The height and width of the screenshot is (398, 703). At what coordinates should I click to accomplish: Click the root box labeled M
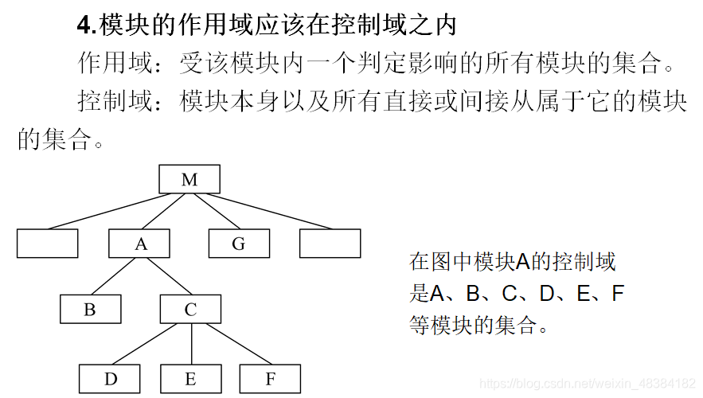click(189, 179)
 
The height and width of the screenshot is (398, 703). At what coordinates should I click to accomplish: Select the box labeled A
click(141, 244)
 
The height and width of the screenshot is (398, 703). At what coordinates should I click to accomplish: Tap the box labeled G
click(239, 244)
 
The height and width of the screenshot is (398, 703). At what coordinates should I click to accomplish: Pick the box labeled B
click(91, 309)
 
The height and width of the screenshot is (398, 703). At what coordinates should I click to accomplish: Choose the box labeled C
click(191, 309)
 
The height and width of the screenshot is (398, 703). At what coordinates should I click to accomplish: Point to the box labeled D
click(110, 379)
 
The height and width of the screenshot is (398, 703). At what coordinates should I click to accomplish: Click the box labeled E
click(191, 379)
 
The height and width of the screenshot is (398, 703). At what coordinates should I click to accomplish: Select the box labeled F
click(271, 379)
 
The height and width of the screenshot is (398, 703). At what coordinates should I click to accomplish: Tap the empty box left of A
click(48, 244)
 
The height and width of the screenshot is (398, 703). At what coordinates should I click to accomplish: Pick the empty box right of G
click(330, 244)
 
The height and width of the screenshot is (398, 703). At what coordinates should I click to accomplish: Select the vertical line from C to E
click(191, 344)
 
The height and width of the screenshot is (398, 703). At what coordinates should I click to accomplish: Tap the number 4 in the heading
click(84, 25)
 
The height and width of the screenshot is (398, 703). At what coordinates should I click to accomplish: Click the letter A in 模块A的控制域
click(522, 262)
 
